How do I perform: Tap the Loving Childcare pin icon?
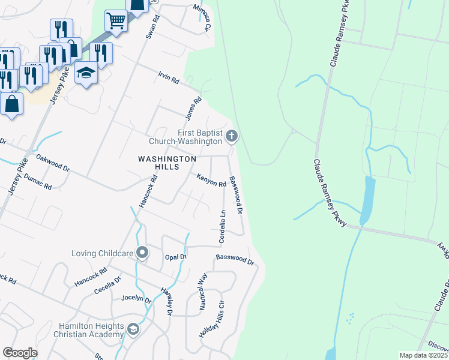(142, 253)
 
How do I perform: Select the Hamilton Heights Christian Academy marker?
(133, 329)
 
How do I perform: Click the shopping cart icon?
(116, 21)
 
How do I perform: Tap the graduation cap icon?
(86, 73)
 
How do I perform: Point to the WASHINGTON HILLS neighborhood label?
(167, 163)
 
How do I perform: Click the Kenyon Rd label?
(211, 180)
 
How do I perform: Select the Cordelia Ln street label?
(222, 226)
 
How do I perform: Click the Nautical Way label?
(203, 292)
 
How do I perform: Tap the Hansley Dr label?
(166, 301)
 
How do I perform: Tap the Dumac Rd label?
(38, 182)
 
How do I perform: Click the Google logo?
(20, 353)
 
